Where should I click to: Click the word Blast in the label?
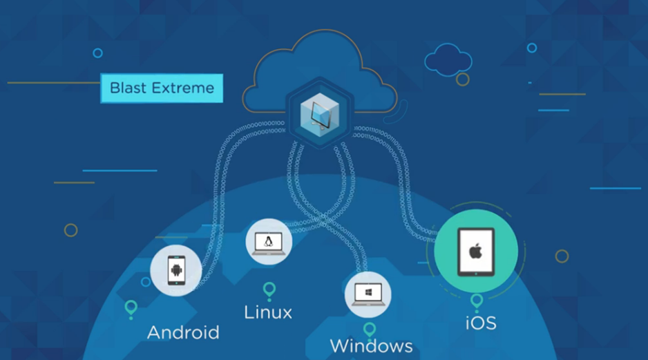(x=128, y=88)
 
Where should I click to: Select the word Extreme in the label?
(x=182, y=88)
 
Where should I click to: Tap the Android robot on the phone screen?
(x=176, y=270)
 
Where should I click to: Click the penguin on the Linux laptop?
(x=269, y=241)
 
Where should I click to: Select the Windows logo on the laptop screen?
(x=368, y=292)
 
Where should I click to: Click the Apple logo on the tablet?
(x=476, y=251)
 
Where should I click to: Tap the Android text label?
(x=183, y=332)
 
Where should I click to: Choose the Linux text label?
(x=268, y=312)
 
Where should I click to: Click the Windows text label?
(x=371, y=346)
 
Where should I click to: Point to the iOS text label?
(x=481, y=323)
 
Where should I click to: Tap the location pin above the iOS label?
(x=477, y=300)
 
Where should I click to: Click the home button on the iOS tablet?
(x=476, y=274)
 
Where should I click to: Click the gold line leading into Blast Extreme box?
(x=54, y=83)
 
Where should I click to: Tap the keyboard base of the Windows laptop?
(x=368, y=304)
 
